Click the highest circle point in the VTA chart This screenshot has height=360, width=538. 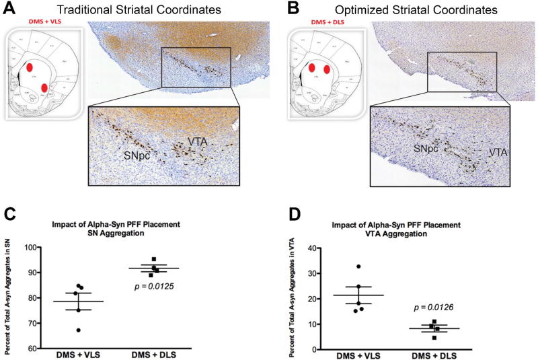[359, 267]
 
